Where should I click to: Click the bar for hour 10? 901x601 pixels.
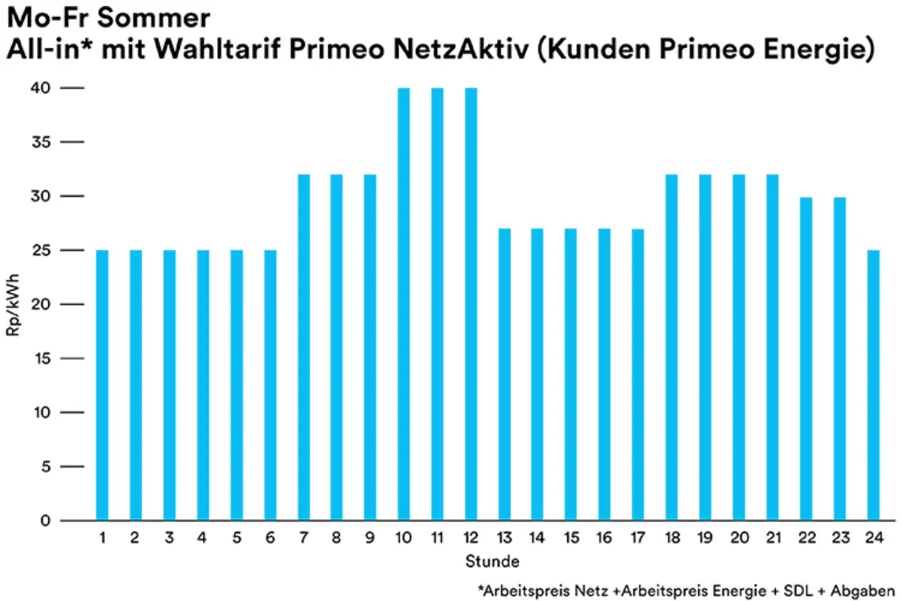tap(404, 304)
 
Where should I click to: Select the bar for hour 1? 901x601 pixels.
tap(102, 385)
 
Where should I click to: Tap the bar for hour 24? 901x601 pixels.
tap(873, 385)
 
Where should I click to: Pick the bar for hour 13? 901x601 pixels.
tap(505, 374)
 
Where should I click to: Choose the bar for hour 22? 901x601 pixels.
tap(806, 358)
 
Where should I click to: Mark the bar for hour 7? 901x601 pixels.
tap(303, 347)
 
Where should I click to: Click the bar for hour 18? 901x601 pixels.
tap(672, 347)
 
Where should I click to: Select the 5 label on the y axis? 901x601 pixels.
tap(47, 467)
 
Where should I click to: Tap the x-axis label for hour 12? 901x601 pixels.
tap(471, 538)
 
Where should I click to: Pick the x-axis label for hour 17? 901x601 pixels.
tap(638, 538)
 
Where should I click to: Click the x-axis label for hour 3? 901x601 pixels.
tap(169, 538)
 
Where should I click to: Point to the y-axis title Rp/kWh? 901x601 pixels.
tap(14, 304)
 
